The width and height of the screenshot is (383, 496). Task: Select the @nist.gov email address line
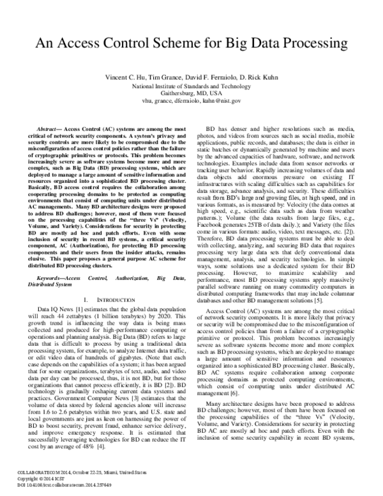point(191,100)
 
